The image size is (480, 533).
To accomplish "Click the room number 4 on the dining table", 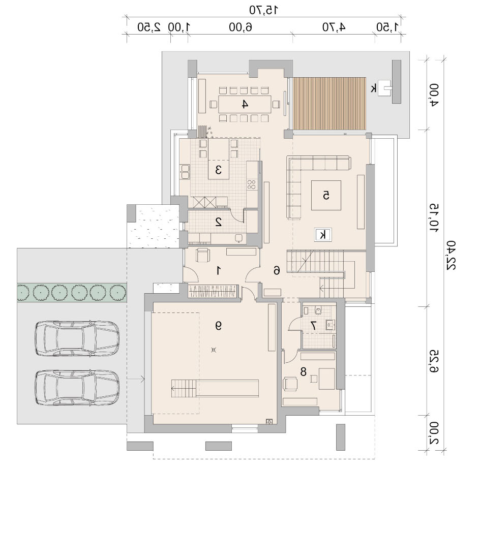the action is [x=244, y=104].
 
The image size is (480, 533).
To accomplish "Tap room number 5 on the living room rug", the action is [x=326, y=196].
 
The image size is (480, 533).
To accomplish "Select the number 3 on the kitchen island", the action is [x=218, y=169].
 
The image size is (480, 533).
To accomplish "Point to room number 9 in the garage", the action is [x=218, y=326].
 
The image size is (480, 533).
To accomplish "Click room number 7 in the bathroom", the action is [x=313, y=326].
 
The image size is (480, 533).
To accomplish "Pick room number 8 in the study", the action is [x=303, y=372].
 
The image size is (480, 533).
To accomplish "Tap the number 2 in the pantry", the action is [x=219, y=222].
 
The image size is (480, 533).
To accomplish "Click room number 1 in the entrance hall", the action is [x=219, y=271].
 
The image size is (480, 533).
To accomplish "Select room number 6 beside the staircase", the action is [x=277, y=271].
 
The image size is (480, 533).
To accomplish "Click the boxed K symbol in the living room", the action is [x=323, y=235].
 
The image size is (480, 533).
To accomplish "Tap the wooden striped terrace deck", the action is [x=329, y=104].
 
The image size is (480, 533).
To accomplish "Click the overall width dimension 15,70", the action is [x=263, y=10].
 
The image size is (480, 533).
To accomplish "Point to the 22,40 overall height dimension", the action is [x=451, y=255].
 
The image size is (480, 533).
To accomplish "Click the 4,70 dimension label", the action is [x=334, y=27].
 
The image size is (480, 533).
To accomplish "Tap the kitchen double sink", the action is [x=185, y=172].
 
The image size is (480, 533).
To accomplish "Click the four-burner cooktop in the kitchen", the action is [x=252, y=184].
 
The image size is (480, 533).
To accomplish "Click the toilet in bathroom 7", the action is [x=318, y=310].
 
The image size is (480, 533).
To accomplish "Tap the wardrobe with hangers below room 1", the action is [x=212, y=292].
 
